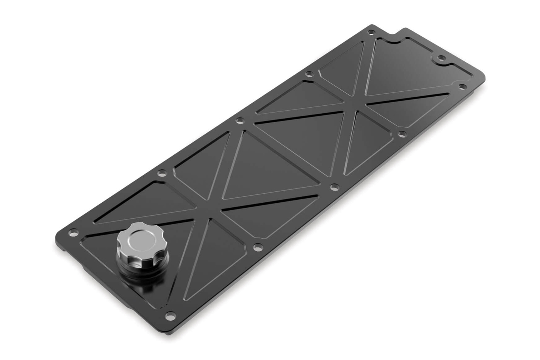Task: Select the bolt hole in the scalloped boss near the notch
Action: coord(441,58)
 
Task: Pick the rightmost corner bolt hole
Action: coord(462,86)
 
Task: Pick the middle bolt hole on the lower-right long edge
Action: coord(334,186)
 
